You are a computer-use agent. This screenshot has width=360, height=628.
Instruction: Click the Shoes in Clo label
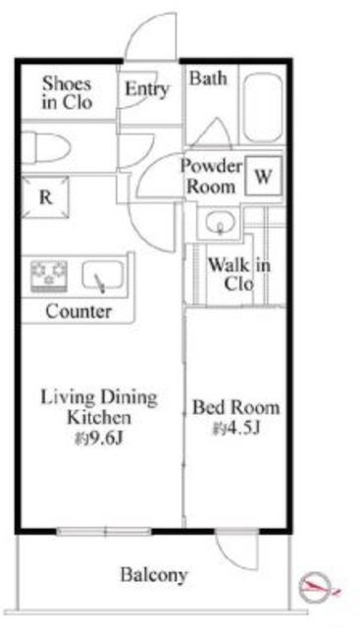67,93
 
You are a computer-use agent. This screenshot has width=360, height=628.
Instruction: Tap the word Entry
146,89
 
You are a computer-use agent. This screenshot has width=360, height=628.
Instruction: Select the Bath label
208,78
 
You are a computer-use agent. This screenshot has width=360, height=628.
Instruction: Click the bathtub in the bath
263,107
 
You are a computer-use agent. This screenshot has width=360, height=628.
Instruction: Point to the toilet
45,148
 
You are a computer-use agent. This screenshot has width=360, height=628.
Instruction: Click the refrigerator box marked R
45,197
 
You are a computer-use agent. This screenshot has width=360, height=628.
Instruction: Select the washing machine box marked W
264,176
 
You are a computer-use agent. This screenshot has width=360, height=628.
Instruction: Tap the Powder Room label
211,176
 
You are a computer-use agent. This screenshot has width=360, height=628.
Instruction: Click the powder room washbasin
220,223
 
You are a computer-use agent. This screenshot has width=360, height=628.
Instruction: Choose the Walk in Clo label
239,275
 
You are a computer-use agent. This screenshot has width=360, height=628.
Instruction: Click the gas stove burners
49,275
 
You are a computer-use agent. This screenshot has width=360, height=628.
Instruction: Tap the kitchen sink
103,276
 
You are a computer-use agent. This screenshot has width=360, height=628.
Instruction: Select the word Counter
78,311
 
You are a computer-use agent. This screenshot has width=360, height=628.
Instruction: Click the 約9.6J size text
98,439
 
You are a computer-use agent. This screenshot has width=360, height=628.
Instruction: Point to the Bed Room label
235,407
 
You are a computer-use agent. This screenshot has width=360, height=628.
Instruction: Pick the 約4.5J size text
236,428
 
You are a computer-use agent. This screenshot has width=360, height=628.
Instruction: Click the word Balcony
154,575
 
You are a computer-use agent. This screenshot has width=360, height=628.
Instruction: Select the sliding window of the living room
104,532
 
